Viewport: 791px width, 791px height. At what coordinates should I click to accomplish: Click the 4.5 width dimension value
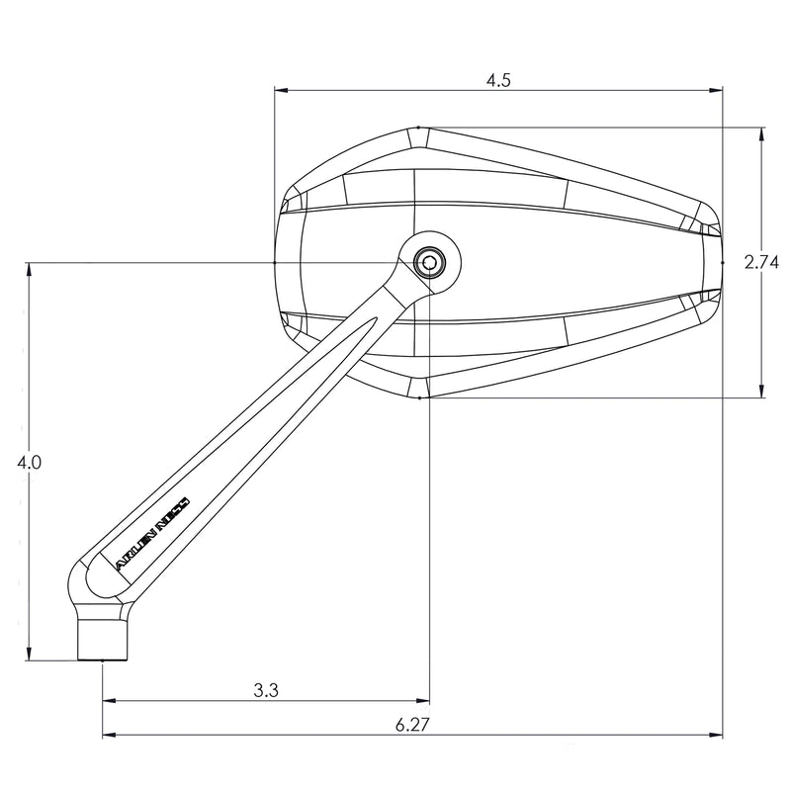(498, 81)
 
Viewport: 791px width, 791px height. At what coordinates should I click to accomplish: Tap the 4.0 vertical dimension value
(29, 462)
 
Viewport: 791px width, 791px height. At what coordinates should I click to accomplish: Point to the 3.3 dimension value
(265, 692)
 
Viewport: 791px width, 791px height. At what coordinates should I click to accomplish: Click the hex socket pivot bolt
(429, 262)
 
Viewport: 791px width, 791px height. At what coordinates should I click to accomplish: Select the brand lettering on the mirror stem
(158, 530)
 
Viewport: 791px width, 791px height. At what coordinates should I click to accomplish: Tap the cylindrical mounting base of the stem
(103, 636)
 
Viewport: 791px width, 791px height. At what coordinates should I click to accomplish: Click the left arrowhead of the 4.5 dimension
(281, 91)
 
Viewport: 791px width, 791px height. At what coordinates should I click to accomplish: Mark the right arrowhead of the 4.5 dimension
(716, 91)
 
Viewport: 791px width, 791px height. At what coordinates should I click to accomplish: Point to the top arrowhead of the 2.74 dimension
(761, 133)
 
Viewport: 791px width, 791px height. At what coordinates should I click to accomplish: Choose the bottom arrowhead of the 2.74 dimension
(761, 393)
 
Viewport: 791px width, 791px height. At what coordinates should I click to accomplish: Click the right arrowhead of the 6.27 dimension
(716, 736)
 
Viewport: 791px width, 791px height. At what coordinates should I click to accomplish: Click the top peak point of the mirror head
(419, 128)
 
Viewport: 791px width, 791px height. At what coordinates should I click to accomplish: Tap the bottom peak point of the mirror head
(420, 398)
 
